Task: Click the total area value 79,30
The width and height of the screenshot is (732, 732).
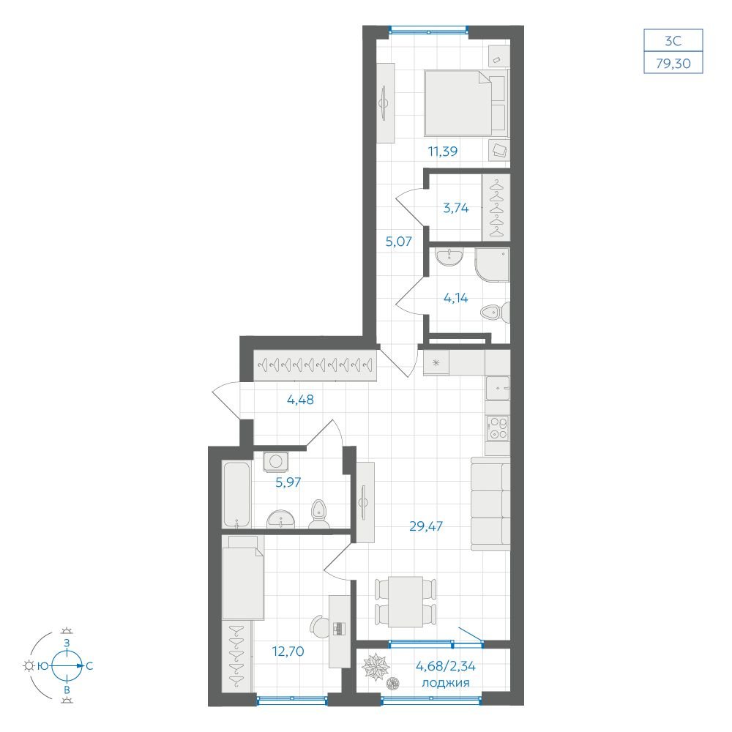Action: click(x=673, y=63)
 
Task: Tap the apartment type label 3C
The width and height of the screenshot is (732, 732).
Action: click(x=673, y=41)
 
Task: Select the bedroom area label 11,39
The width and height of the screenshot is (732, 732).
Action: click(x=443, y=152)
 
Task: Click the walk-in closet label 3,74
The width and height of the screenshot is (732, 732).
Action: click(x=455, y=208)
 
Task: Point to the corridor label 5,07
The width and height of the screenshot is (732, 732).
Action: click(x=399, y=242)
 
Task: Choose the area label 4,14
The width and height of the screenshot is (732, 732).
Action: click(x=455, y=297)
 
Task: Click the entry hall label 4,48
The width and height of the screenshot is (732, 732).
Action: click(x=300, y=400)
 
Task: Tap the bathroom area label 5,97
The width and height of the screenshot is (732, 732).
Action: click(x=288, y=482)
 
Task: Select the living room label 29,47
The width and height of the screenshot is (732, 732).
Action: click(x=426, y=526)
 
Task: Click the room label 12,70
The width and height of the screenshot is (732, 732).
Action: click(x=288, y=651)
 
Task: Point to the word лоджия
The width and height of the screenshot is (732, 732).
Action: click(x=445, y=682)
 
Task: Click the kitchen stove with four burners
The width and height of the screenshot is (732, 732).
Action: click(x=498, y=428)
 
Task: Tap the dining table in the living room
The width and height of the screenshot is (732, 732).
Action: click(x=406, y=601)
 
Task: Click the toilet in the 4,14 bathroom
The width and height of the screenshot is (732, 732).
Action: click(x=496, y=313)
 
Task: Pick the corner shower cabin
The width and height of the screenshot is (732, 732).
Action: click(x=492, y=265)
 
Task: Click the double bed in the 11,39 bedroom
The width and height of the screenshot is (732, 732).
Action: click(x=466, y=103)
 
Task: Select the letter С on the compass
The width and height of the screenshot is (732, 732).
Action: click(x=89, y=665)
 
